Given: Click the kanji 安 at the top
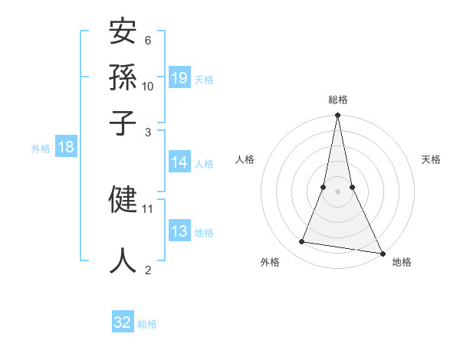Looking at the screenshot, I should click(123, 33).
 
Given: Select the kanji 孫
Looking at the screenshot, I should click(123, 77).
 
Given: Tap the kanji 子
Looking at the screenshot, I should click(123, 123).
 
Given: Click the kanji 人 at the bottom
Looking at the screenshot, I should click(123, 259).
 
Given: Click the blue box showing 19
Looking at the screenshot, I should click(179, 78).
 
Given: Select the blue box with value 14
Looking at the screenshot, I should click(179, 162).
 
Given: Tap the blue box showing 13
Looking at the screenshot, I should click(179, 231).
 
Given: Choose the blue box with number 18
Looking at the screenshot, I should click(66, 148).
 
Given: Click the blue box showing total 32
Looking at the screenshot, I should click(123, 322).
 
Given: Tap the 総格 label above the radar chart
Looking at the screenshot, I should click(337, 100).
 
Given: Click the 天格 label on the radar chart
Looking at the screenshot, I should click(432, 159).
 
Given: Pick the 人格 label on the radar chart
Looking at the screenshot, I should click(245, 159).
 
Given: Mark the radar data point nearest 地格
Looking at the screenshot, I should click(382, 253).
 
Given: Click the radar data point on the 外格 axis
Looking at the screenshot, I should click(302, 242).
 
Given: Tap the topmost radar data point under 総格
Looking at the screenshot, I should click(337, 116).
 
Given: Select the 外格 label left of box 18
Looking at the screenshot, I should click(41, 149).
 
